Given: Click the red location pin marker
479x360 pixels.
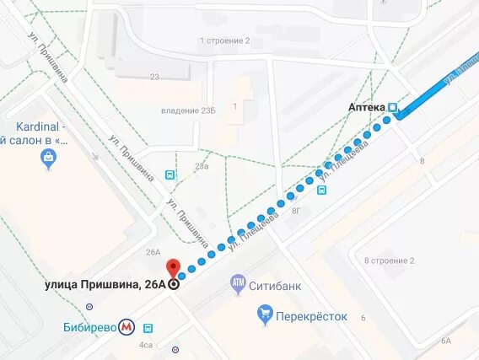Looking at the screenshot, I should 174,268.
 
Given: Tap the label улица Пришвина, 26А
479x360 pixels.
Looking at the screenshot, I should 105,284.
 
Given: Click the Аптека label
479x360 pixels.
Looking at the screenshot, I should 366,107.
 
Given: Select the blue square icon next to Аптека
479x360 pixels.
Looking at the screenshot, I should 393,107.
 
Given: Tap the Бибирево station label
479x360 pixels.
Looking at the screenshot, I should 89,326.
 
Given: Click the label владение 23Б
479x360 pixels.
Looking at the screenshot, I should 188,110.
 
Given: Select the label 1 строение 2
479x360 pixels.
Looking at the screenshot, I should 224,40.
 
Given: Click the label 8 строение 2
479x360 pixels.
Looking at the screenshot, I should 389,261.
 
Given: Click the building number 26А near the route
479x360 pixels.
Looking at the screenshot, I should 153,251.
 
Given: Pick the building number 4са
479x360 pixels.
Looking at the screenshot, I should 146,344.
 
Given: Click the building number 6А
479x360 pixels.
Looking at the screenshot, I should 444,341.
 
